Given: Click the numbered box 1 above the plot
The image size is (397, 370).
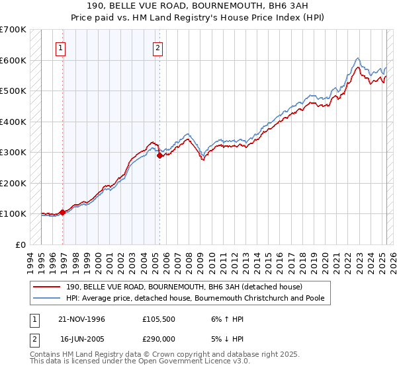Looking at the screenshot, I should tap(61, 48).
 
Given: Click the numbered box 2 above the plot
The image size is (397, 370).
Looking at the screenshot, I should tap(158, 48).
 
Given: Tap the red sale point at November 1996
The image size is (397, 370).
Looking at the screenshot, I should tap(63, 212).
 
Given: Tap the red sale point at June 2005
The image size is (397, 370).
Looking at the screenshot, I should tap(159, 156).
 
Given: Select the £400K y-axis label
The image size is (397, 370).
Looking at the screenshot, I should tap(13, 122).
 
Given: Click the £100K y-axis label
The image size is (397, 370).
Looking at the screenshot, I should tap(13, 213).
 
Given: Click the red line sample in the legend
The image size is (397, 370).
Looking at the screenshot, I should tap(47, 287).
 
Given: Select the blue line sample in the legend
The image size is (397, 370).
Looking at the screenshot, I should tap(47, 298).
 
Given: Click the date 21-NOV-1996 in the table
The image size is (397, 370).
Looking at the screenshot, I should tap(82, 319).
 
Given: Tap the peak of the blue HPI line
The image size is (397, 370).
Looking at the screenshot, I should tap(357, 58).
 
